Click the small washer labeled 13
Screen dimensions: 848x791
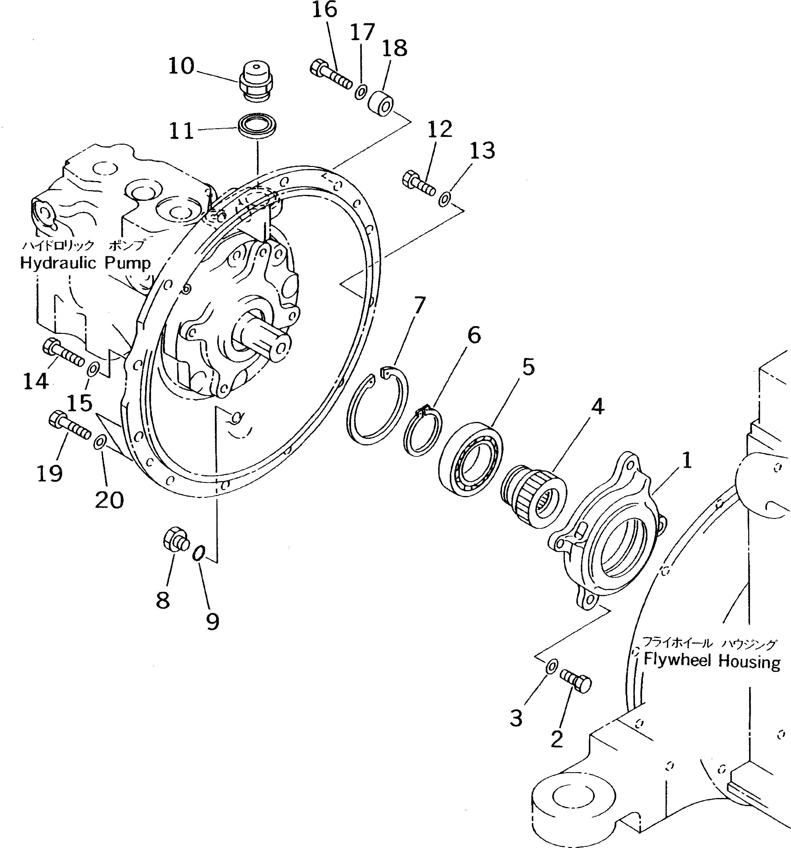(444, 199)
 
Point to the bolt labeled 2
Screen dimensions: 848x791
(575, 681)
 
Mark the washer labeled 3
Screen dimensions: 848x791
(551, 665)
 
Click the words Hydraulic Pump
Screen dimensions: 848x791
(85, 263)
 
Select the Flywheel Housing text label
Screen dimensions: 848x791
(711, 661)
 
